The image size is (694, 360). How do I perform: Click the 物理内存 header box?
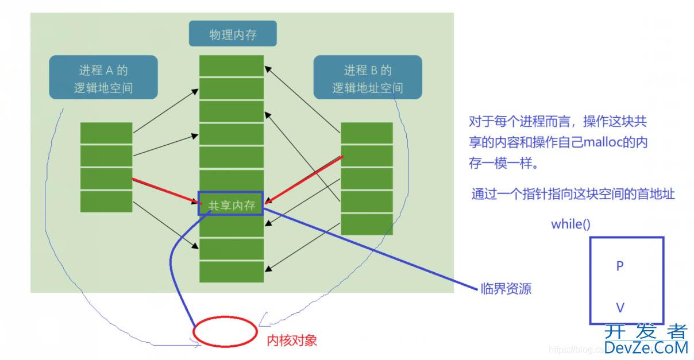pos(233,33)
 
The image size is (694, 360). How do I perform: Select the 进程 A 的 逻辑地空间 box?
pos(103,77)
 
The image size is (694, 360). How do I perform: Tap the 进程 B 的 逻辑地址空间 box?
pos(368,77)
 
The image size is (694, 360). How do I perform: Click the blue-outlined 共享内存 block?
pos(231,203)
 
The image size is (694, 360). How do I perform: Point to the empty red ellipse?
pos(225,331)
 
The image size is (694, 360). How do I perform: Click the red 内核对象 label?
pos(292,340)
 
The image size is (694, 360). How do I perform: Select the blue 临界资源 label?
pos(506,289)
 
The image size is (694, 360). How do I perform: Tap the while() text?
pos(570,224)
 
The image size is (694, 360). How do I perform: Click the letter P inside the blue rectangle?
pos(620,266)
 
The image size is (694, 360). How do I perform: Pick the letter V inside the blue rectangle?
pos(620,308)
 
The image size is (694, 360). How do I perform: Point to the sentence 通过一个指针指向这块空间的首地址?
pos(573,194)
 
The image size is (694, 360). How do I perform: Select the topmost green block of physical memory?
pos(232,65)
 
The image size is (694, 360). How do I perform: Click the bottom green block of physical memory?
pos(232,272)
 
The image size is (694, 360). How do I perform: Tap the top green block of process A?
pos(106,133)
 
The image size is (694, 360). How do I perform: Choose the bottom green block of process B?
pos(367,224)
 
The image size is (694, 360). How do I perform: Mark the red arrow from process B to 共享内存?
pos(303,180)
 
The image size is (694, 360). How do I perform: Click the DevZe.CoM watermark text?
pos(646,347)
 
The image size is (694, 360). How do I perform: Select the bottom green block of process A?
pos(106,202)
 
